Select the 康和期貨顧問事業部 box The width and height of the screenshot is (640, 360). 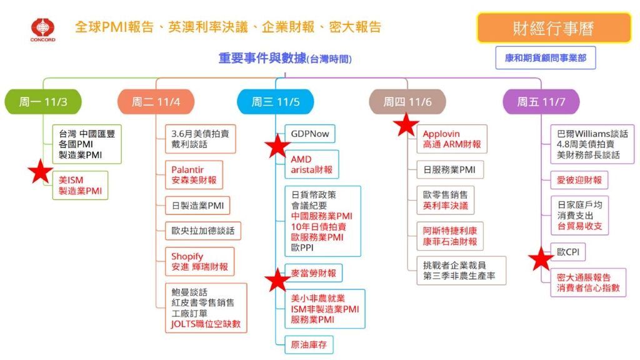(546, 58)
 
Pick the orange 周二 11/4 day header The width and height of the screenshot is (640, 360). (156, 102)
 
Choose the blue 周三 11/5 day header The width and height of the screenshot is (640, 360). (274, 102)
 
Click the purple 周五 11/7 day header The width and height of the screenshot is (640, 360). (541, 102)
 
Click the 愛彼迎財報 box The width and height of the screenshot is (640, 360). (579, 180)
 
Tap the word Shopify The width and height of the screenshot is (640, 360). (187, 256)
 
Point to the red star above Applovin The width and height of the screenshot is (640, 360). (407, 124)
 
